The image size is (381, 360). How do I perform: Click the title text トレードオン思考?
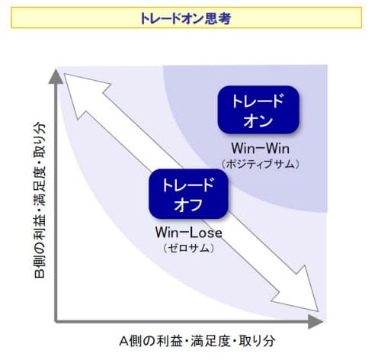[185, 18]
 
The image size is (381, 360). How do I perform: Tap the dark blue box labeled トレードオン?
[258, 110]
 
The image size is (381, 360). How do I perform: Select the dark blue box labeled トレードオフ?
[188, 194]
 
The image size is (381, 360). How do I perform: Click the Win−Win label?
[261, 148]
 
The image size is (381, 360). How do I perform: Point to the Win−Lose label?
[189, 233]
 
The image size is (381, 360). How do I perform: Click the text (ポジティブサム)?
[261, 164]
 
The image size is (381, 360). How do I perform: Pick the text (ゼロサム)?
[188, 248]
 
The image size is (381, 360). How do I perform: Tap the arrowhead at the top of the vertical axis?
[56, 76]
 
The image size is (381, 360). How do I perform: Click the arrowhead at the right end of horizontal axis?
[315, 321]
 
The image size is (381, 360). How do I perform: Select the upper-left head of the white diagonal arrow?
[82, 90]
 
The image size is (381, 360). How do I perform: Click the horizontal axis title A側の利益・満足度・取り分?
[197, 341]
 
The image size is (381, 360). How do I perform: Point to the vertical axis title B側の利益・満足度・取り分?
[40, 200]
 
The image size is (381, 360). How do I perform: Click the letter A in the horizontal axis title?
[123, 341]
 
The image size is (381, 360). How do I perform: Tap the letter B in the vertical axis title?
[40, 274]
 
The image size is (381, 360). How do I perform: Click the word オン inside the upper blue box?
[258, 121]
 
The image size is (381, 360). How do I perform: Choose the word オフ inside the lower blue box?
[188, 205]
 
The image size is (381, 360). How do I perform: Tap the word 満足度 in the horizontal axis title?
[210, 341]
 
